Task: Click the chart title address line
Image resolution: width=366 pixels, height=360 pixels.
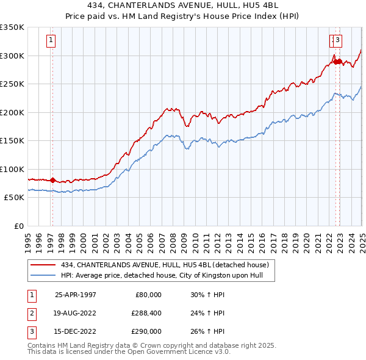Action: (x=183, y=6)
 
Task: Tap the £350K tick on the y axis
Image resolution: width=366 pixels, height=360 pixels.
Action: (x=12, y=27)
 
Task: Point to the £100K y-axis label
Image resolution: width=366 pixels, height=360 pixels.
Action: (x=12, y=169)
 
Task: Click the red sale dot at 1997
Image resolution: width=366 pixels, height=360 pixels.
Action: (x=52, y=180)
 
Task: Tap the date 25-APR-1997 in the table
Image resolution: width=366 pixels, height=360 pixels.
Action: (x=76, y=294)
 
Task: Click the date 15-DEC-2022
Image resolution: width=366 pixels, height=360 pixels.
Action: (x=76, y=332)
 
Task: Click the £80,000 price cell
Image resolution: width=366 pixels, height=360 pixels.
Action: (x=148, y=294)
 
